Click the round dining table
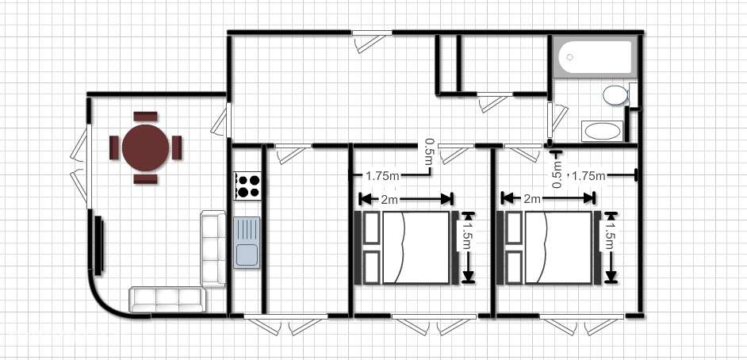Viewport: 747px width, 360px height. [145, 147]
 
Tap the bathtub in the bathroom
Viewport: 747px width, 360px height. [595, 56]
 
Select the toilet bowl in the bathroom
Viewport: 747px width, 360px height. [615, 95]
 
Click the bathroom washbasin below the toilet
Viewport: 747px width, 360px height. [602, 131]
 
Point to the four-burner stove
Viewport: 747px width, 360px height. [247, 186]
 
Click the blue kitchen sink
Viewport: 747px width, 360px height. [247, 243]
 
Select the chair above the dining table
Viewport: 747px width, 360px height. [145, 117]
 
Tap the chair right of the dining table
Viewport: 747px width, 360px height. [177, 147]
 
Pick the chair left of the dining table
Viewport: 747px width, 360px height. [114, 147]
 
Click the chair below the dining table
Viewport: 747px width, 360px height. [145, 179]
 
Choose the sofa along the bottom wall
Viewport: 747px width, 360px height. [167, 300]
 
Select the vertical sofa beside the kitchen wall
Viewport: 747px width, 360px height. [213, 248]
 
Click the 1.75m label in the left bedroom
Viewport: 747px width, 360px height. [382, 176]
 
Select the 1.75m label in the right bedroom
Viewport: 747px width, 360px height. [588, 176]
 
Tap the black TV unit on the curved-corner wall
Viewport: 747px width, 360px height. [98, 245]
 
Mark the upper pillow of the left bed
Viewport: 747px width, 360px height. [372, 228]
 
